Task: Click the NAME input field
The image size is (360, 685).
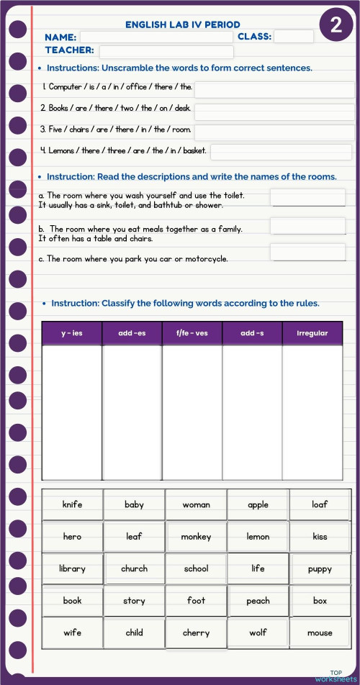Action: [x=156, y=37]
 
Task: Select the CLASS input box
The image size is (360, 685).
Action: [x=294, y=37]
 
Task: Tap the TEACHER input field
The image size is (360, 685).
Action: [x=166, y=52]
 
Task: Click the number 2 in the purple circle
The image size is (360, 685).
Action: [x=336, y=26]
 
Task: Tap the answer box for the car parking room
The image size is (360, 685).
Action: [x=307, y=252]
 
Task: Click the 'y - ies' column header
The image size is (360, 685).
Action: [x=72, y=333]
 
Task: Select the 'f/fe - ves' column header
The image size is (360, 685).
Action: [x=192, y=333]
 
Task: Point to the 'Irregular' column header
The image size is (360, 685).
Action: [x=312, y=333]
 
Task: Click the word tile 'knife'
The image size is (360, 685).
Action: [x=72, y=504]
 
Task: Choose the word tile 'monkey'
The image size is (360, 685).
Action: [x=196, y=537]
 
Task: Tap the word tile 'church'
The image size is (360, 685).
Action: [x=134, y=568]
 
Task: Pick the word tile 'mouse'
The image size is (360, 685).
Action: [x=320, y=633]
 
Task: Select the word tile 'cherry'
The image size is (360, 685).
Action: [x=196, y=633]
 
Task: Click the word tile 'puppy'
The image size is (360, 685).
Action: [x=320, y=569]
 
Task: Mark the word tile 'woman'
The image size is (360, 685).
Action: [x=196, y=504]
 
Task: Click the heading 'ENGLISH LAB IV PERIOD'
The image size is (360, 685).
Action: [x=183, y=24]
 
